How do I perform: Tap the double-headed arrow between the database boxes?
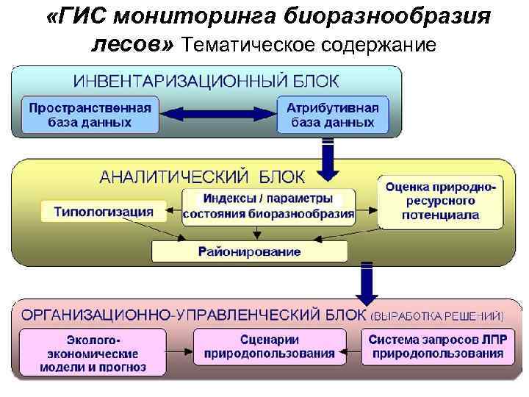tap(217, 114)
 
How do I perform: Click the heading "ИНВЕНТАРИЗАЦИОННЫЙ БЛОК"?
tap(205, 79)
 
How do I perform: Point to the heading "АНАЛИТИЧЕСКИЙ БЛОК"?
tap(205, 177)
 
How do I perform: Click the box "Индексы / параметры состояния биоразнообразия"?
tap(268, 207)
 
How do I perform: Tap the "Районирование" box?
tap(249, 251)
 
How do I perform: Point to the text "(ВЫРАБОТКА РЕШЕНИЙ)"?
tap(438, 317)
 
